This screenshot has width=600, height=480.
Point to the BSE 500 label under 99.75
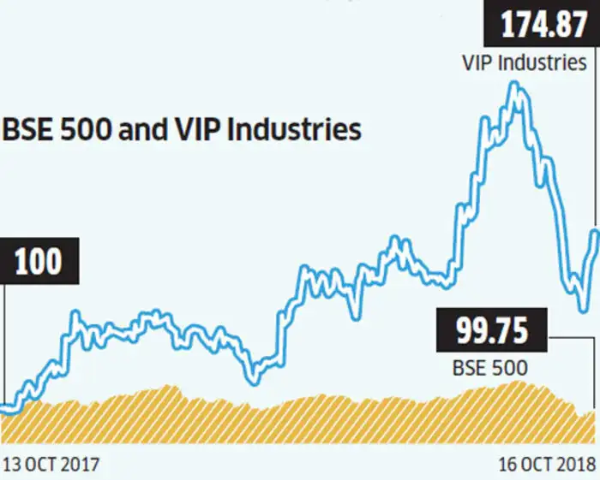(x=489, y=368)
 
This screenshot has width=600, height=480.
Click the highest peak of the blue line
(x=514, y=85)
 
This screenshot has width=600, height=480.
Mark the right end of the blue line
(x=595, y=232)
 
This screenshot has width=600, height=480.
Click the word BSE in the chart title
(x=26, y=131)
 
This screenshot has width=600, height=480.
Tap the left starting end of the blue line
(x=3, y=410)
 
